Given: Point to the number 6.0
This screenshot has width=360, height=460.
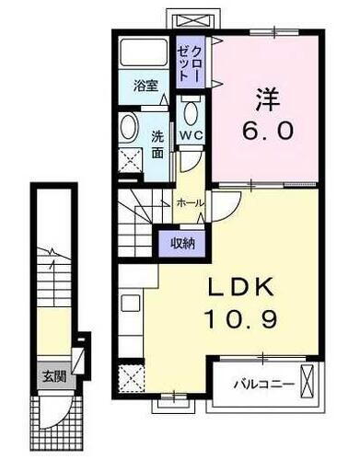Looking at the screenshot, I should (x=269, y=130).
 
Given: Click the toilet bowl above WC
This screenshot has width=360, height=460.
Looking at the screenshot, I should (x=191, y=114).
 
